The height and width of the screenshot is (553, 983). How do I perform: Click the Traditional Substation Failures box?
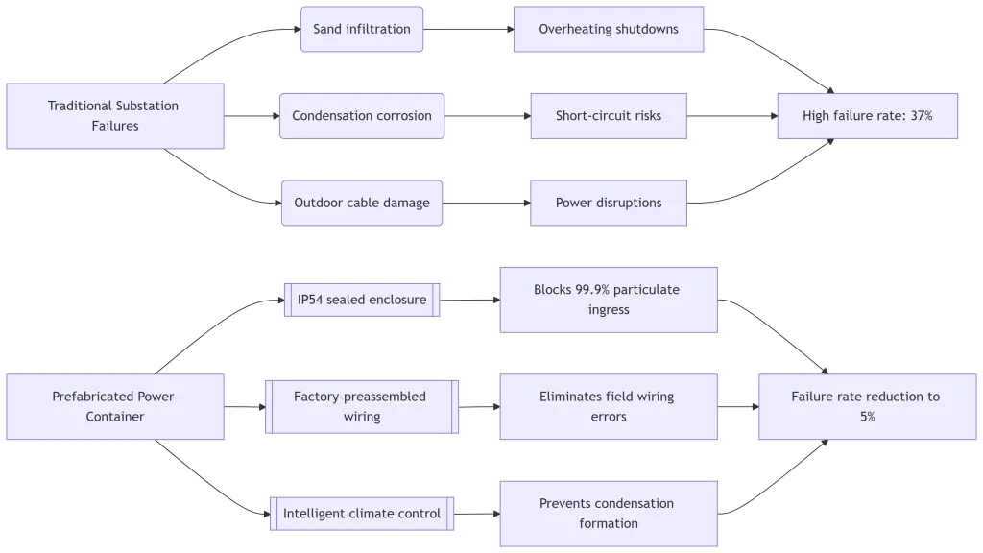(x=114, y=116)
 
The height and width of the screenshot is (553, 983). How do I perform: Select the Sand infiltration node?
(x=361, y=29)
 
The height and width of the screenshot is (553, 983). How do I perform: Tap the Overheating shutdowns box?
(x=608, y=29)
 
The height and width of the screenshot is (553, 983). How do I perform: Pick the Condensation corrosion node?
(x=361, y=116)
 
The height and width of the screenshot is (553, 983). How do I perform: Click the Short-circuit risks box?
(x=608, y=116)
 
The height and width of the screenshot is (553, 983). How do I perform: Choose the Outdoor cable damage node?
(x=361, y=203)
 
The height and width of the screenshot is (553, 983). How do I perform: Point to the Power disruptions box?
(x=608, y=203)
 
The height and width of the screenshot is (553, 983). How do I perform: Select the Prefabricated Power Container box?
(x=114, y=406)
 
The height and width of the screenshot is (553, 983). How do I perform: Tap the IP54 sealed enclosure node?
(x=361, y=300)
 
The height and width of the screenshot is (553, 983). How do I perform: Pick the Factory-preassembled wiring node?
(x=361, y=406)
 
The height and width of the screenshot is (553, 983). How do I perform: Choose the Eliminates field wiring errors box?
(x=608, y=406)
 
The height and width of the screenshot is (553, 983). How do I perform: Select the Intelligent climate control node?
(x=361, y=514)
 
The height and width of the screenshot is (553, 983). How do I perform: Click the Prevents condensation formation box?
(x=608, y=514)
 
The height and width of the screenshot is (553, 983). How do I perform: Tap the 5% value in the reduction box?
(x=867, y=418)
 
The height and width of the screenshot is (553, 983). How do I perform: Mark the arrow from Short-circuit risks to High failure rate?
(x=731, y=116)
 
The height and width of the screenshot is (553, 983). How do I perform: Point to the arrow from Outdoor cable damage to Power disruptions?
(x=486, y=203)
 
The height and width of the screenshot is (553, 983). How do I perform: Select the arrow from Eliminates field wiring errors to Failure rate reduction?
(x=737, y=406)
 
